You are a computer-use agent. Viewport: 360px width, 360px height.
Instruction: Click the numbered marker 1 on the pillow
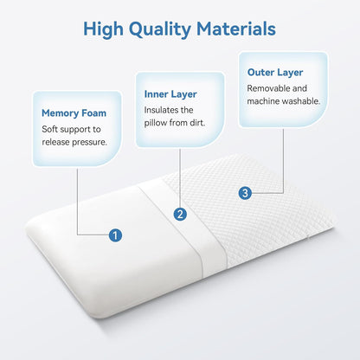[115, 235]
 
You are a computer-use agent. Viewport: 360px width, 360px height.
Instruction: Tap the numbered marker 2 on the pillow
[179, 213]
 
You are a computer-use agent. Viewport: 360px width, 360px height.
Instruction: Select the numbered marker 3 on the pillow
[245, 193]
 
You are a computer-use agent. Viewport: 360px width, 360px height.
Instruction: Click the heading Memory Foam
[75, 112]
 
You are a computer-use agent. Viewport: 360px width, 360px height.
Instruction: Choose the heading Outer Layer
[274, 72]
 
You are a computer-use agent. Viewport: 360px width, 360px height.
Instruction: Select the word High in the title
[105, 29]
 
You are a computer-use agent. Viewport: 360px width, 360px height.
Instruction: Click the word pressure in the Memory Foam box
[89, 143]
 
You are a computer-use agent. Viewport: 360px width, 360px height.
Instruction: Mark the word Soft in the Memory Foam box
[52, 128]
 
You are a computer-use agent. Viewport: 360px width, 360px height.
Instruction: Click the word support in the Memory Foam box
[80, 128]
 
